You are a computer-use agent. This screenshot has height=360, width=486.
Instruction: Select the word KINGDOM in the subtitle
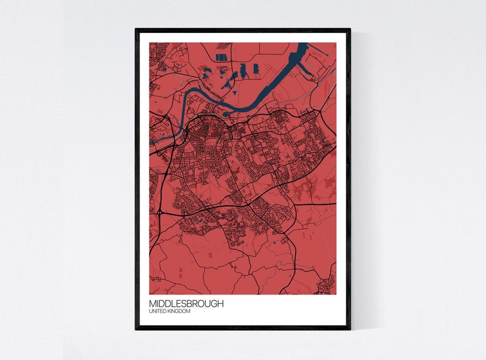tap(179, 312)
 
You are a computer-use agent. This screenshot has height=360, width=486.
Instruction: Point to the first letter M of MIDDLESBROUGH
tap(152, 304)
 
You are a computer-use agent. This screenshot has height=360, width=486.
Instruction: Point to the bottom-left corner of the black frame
tap(136, 329)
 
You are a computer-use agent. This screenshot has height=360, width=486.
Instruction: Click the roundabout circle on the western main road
tap(159, 212)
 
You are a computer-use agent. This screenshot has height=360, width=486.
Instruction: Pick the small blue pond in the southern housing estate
tap(200, 219)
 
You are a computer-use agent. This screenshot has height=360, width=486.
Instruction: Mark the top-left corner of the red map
tap(150, 43)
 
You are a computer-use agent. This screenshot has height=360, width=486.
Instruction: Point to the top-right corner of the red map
tap(336, 43)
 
